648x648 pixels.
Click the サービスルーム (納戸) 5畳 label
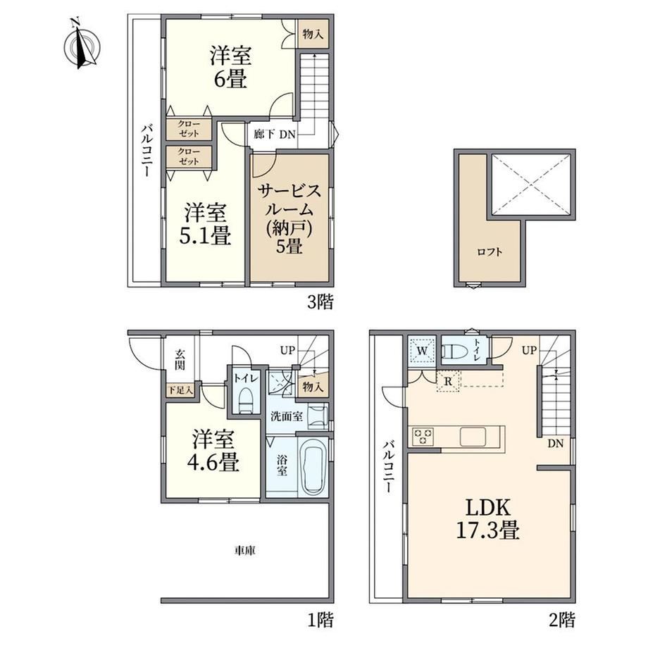[x=289, y=219]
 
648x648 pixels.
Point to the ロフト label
[x=490, y=251]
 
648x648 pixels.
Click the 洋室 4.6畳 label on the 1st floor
[x=213, y=451]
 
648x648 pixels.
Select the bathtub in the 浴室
[x=313, y=466]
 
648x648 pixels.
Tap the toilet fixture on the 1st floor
[x=247, y=400]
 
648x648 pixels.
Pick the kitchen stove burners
[x=423, y=437]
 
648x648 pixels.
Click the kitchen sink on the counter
[x=473, y=437]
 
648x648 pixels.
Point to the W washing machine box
[x=421, y=351]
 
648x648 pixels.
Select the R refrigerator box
[x=448, y=382]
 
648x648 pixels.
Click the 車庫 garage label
[x=245, y=550]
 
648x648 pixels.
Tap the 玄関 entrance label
[x=180, y=359]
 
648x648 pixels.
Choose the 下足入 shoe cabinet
[x=180, y=390]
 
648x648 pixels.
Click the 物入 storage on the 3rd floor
[x=313, y=34]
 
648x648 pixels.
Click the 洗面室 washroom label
[x=287, y=416]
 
